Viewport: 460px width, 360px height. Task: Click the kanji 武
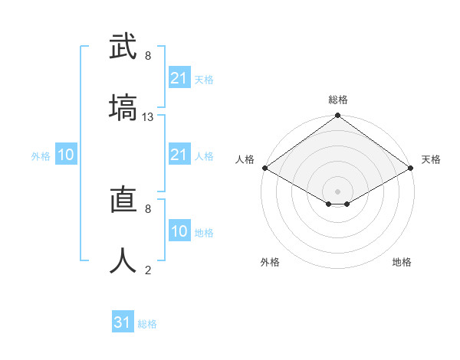click(123, 46)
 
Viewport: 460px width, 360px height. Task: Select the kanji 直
click(123, 200)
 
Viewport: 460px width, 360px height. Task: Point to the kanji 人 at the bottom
click(123, 260)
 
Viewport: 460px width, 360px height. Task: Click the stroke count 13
click(148, 117)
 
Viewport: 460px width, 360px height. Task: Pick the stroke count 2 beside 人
click(148, 270)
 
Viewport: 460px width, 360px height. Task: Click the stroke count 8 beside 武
click(148, 56)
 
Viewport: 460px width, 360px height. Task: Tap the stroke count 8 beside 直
click(148, 208)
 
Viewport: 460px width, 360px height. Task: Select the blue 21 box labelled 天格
click(179, 78)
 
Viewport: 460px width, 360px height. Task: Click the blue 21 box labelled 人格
click(179, 155)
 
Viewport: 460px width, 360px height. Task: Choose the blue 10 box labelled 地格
click(179, 231)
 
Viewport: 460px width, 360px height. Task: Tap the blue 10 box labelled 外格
click(66, 155)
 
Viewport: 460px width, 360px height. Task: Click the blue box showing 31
click(123, 322)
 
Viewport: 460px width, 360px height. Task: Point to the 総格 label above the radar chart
click(338, 100)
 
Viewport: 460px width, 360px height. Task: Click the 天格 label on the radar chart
click(431, 159)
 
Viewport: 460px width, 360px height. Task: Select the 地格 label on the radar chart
click(402, 262)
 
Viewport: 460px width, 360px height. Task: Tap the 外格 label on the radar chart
click(270, 262)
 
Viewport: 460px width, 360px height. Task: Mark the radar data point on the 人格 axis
click(264, 168)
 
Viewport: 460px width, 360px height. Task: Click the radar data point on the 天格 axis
click(411, 168)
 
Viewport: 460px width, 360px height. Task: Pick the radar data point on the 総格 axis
click(337, 116)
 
